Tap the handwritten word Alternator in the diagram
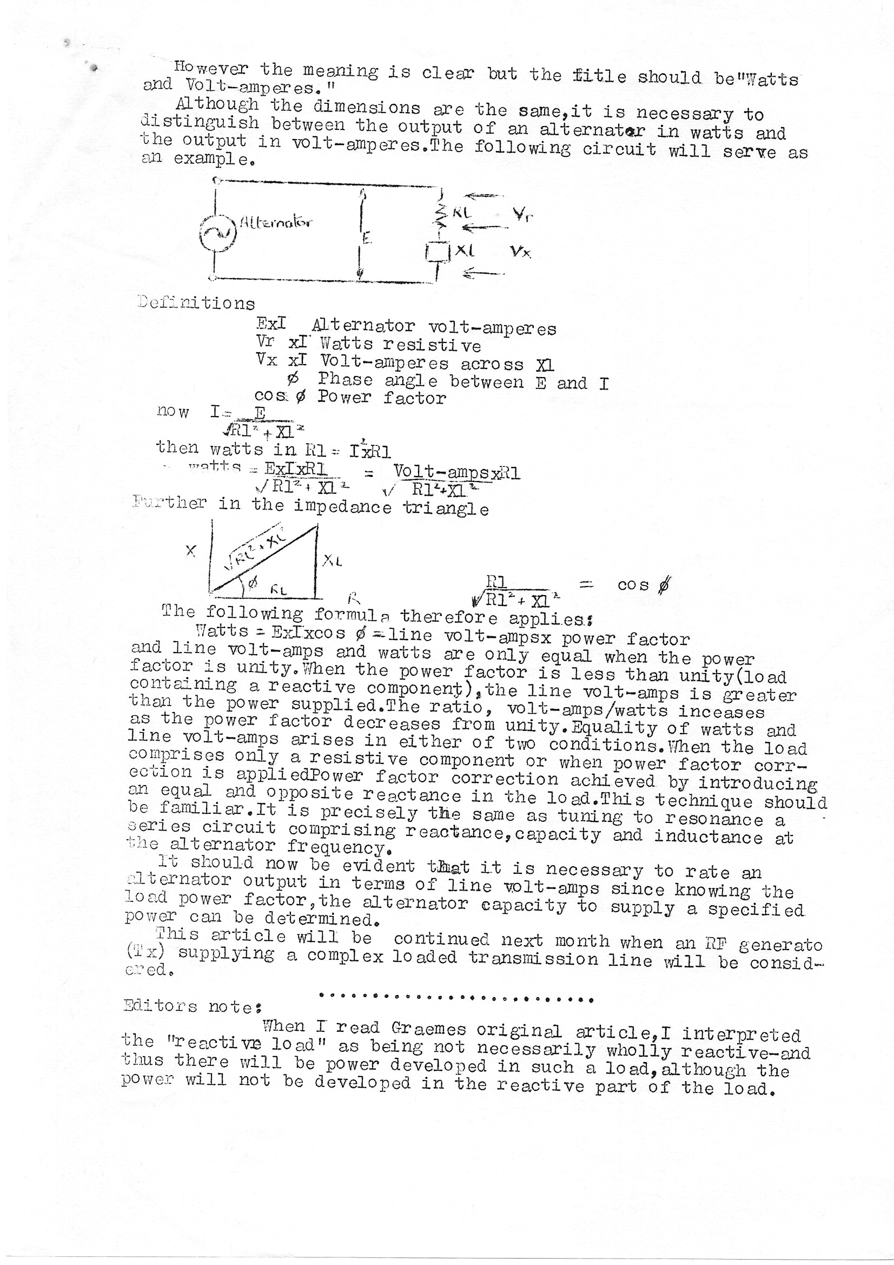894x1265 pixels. pos(275,223)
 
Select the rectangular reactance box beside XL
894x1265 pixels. pos(439,252)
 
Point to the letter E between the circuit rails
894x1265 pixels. pos(367,238)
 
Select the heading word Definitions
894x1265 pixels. pos(196,302)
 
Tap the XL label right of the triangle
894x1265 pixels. pos(332,561)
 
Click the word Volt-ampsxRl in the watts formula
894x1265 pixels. pos(456,472)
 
